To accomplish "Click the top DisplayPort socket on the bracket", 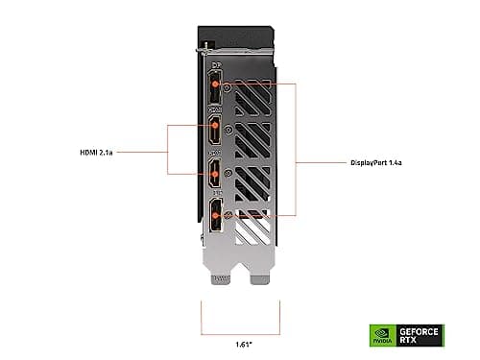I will tap(214, 91).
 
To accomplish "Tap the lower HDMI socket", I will tap(214, 175).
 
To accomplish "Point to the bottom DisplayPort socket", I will tap(214, 217).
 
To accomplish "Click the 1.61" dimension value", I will tap(239, 343).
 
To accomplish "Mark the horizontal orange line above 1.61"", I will tap(239, 328).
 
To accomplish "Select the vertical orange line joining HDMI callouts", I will tap(169, 149).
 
